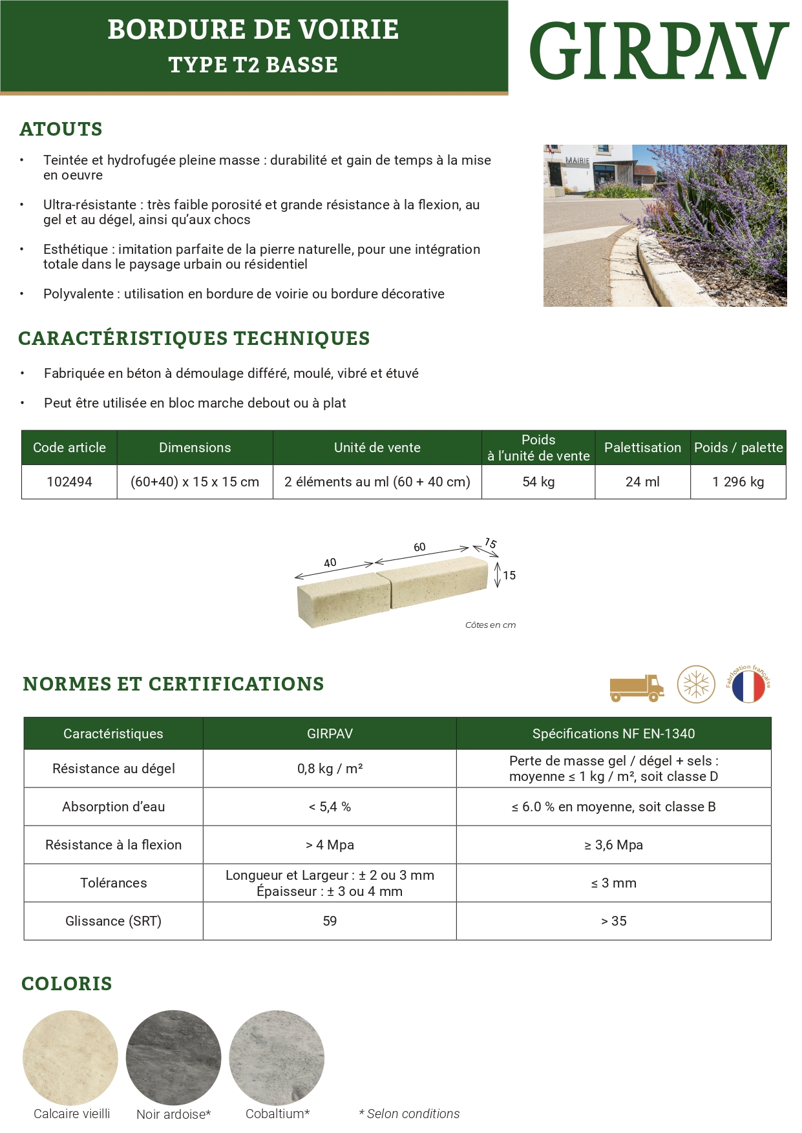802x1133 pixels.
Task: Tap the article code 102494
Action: click(69, 482)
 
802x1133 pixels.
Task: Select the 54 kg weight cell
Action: click(538, 482)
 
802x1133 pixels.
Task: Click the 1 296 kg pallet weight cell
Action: click(738, 482)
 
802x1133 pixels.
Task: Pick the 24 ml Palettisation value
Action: click(642, 482)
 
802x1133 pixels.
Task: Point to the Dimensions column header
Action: click(195, 448)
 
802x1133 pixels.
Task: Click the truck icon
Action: click(637, 688)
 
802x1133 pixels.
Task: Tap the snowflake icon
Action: click(696, 685)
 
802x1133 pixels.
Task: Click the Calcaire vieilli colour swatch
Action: click(70, 1058)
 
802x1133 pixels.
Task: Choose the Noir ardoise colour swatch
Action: click(173, 1058)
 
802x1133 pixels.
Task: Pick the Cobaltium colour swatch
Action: click(277, 1058)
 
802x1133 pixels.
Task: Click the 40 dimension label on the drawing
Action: click(330, 563)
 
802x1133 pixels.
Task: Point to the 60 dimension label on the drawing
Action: click(419, 547)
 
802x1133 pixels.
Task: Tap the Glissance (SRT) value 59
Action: click(330, 921)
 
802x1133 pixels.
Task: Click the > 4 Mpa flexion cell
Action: click(330, 845)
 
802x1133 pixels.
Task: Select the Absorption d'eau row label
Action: click(113, 807)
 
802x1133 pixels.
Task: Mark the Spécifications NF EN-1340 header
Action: click(613, 734)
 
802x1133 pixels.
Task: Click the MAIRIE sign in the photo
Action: click(577, 160)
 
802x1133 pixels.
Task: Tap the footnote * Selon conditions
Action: click(409, 1114)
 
